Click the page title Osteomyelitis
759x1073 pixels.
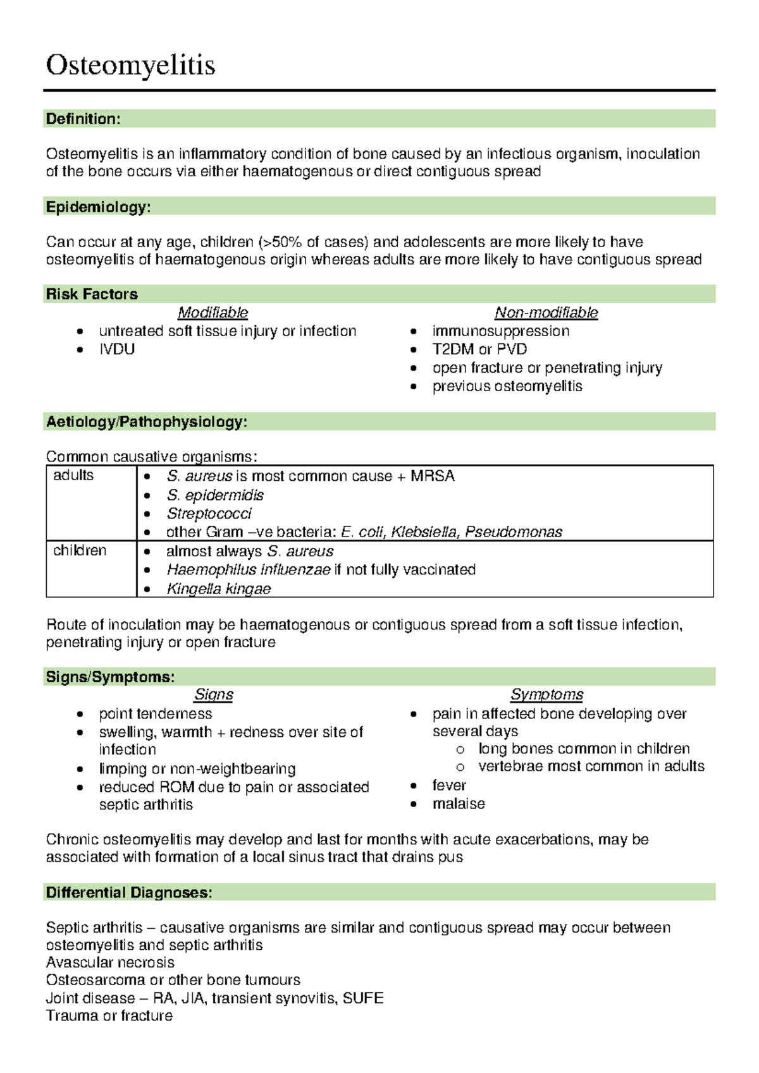click(x=130, y=65)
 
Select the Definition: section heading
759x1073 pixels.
click(x=83, y=119)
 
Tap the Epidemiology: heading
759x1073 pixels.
click(x=98, y=207)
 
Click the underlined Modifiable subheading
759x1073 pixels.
click(x=213, y=313)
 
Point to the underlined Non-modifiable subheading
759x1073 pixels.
click(x=546, y=313)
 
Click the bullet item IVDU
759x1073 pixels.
click(x=117, y=349)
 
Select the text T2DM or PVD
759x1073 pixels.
click(x=479, y=349)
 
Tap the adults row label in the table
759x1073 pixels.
click(x=73, y=475)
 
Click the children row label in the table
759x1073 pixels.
click(x=80, y=550)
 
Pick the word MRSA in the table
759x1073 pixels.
click(x=433, y=476)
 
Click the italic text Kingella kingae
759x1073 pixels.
click(x=218, y=589)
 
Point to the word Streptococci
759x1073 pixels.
click(x=209, y=514)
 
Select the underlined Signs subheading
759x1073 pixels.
click(x=214, y=694)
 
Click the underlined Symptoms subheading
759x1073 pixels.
click(x=546, y=694)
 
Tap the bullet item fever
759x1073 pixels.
click(x=449, y=785)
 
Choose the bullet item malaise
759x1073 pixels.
click(x=459, y=804)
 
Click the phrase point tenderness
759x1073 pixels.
click(x=156, y=714)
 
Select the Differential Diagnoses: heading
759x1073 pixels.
click(x=129, y=893)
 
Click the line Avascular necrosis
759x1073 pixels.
click(x=110, y=962)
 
